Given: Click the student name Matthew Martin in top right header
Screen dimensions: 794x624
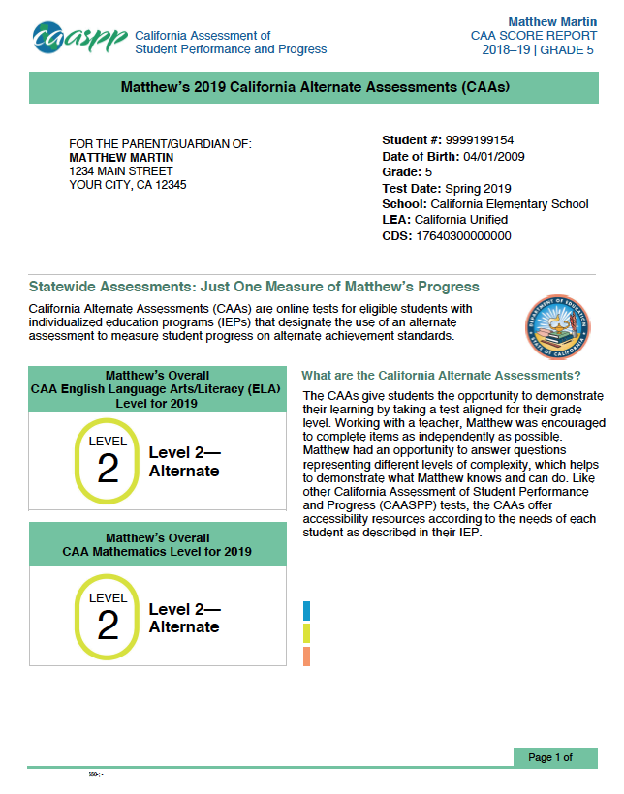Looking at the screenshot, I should (x=551, y=21).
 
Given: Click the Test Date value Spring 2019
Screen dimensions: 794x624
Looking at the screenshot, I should (x=478, y=188).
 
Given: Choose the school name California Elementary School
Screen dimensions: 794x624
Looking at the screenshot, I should (x=509, y=204).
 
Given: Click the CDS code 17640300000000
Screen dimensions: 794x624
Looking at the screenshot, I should (x=463, y=235).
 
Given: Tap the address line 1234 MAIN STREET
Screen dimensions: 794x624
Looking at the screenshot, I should (x=121, y=170).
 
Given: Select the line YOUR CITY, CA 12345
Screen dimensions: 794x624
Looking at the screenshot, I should (x=128, y=185).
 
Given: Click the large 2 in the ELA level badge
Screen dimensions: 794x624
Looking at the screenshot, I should (x=108, y=470).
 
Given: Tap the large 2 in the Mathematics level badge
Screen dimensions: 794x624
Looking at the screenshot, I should (x=108, y=626).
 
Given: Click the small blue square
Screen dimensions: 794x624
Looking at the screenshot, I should (x=306, y=610).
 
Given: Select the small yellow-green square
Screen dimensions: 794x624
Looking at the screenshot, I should (x=306, y=633).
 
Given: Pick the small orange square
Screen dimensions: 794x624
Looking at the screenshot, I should (x=306, y=657).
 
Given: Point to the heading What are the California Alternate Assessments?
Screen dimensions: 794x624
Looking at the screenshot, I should (x=441, y=375).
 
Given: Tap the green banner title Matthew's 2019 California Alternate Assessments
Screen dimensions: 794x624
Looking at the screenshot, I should (x=314, y=87).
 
